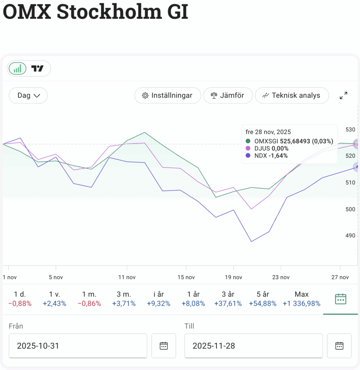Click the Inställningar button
(x=167, y=95)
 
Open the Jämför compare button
(x=227, y=95)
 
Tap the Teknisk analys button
(x=292, y=95)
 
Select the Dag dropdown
(x=28, y=95)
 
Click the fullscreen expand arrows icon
(x=343, y=95)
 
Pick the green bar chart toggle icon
(x=17, y=68)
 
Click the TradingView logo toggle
(x=38, y=68)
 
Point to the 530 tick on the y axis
(x=350, y=129)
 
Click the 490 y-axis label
(x=350, y=236)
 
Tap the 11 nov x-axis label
(x=127, y=277)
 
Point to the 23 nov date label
(x=281, y=277)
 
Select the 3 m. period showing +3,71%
(x=124, y=299)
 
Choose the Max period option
(x=301, y=299)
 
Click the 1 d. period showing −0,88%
(x=20, y=299)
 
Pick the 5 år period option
(x=263, y=299)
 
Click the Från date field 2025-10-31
(x=78, y=346)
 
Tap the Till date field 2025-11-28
(x=253, y=346)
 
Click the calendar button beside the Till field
(x=339, y=346)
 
